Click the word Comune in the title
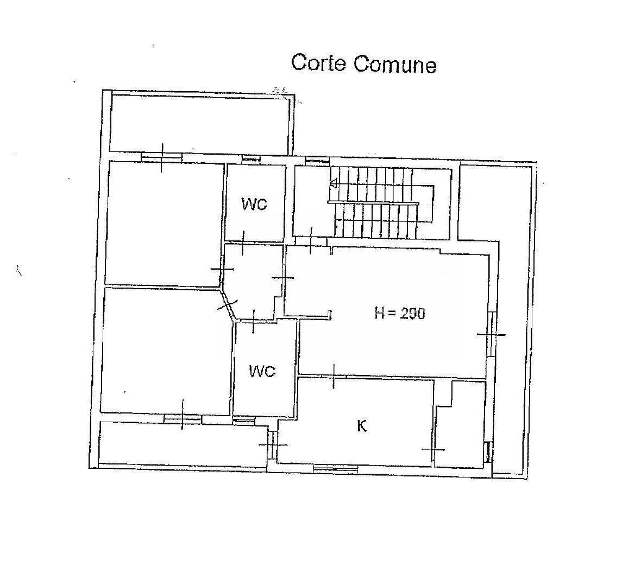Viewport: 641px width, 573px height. click(x=395, y=65)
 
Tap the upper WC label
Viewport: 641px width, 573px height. click(x=254, y=203)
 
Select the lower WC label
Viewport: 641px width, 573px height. click(x=262, y=371)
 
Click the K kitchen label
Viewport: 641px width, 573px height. click(x=361, y=426)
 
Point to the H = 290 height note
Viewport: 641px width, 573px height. click(x=399, y=313)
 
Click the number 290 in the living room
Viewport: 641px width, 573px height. click(x=412, y=313)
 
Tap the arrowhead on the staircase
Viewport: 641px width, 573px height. click(x=333, y=184)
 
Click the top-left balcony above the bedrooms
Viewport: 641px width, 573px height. click(x=201, y=123)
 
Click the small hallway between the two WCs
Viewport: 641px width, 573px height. click(x=254, y=282)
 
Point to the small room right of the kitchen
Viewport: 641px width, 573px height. click(x=460, y=425)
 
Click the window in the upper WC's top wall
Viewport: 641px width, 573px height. click(x=252, y=160)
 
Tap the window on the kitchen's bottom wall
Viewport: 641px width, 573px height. click(x=335, y=469)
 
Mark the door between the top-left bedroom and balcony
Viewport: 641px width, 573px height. click(x=161, y=157)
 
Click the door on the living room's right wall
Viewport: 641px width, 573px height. click(x=492, y=334)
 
